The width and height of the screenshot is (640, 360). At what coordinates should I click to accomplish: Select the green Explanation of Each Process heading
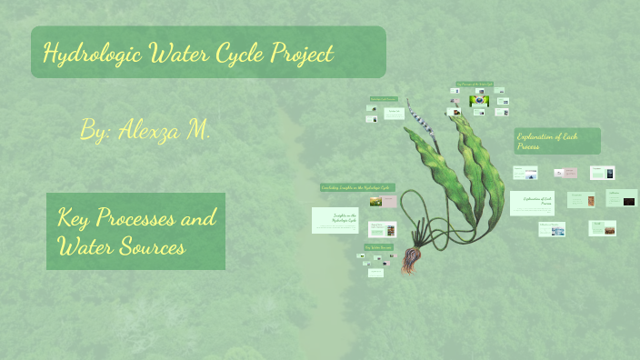tap(557, 140)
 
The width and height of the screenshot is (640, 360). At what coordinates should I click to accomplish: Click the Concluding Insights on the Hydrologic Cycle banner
tap(356, 187)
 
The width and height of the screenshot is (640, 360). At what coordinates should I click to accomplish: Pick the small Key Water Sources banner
tap(377, 246)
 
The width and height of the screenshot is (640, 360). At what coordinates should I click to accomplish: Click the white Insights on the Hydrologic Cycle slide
tap(335, 219)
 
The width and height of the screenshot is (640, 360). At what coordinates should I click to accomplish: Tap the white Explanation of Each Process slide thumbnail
tap(532, 202)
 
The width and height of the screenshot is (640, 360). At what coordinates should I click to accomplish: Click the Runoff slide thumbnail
tap(602, 227)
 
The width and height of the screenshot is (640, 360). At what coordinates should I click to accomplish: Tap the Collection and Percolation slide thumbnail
tap(551, 229)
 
